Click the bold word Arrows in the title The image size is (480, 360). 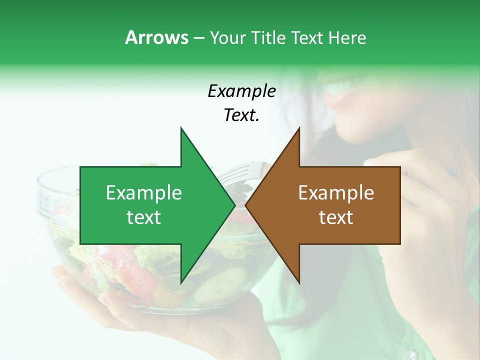[156, 37]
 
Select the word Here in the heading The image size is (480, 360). [347, 37]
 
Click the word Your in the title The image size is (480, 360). [227, 37]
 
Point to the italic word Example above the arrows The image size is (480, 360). [241, 91]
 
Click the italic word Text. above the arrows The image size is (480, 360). [241, 115]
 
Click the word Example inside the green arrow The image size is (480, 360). [144, 193]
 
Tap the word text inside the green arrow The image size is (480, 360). [144, 217]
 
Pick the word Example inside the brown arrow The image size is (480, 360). [336, 193]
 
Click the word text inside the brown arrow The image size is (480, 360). [336, 217]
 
